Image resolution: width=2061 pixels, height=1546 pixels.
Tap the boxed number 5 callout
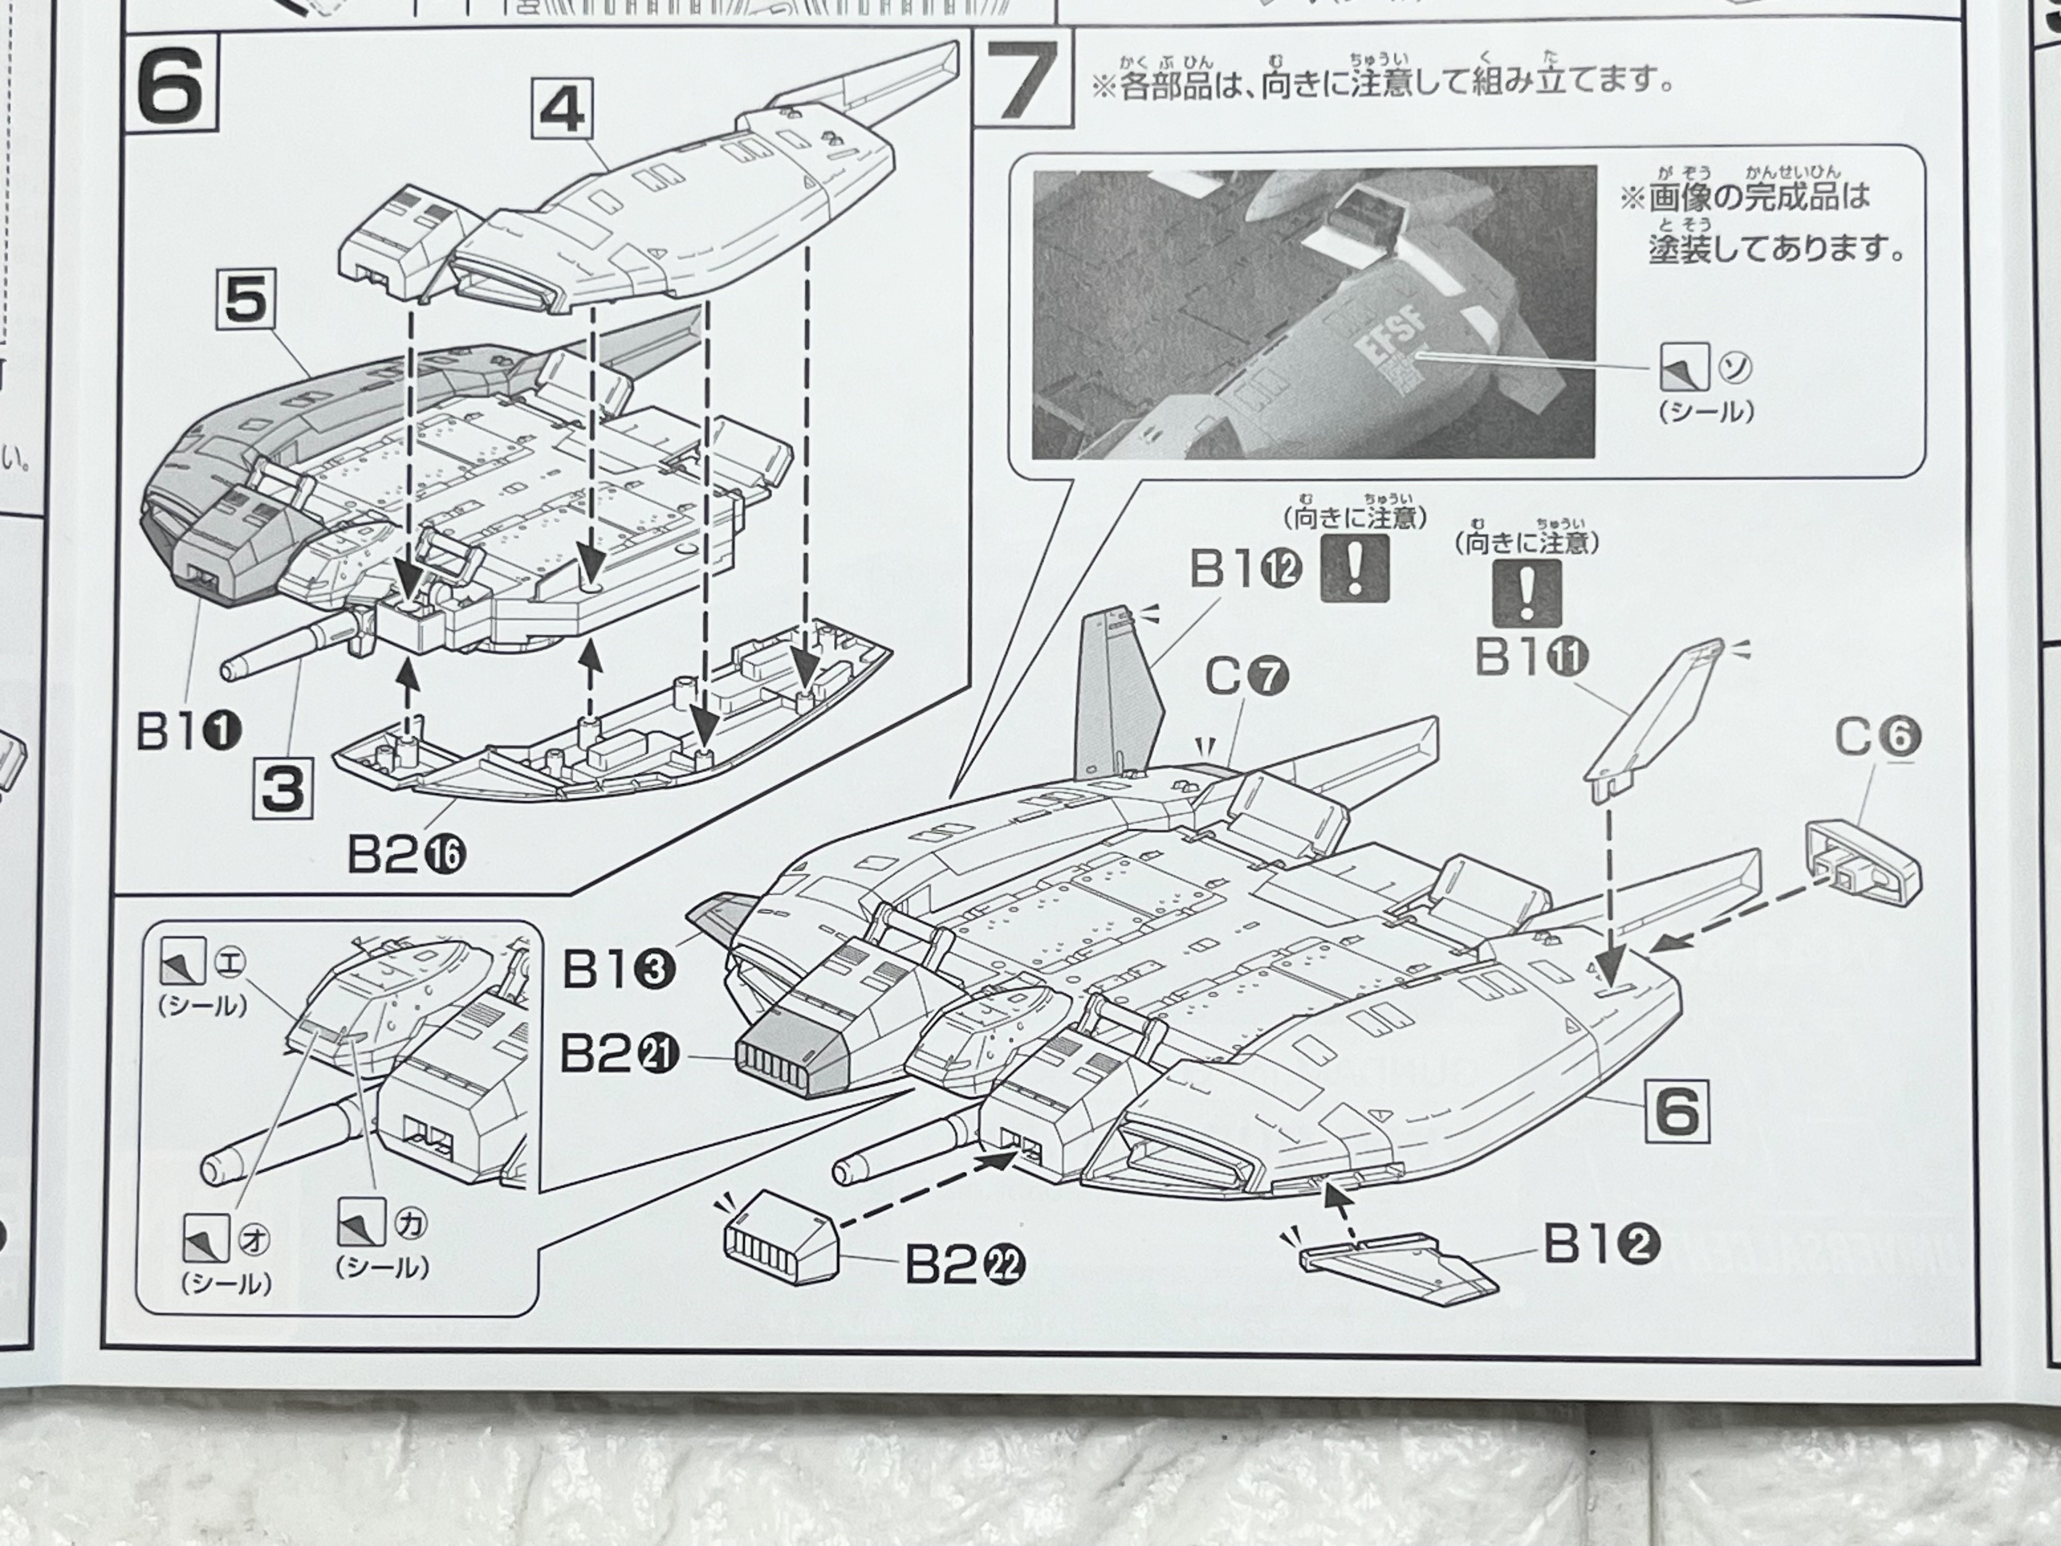pos(246,303)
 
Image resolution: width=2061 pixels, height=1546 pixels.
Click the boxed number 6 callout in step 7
pos(1677,1109)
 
